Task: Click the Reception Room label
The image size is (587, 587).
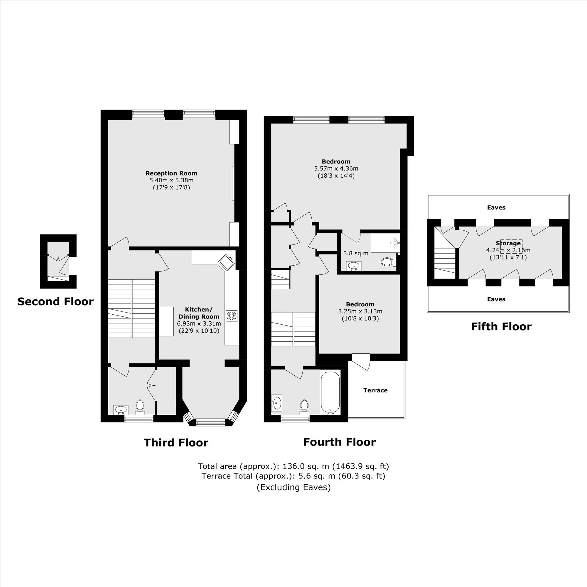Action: (x=171, y=173)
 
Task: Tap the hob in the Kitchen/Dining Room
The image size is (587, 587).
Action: (x=232, y=316)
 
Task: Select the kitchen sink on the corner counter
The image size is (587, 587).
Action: (x=227, y=262)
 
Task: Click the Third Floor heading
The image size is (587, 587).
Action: (x=176, y=442)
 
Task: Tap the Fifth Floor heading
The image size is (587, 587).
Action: (x=501, y=326)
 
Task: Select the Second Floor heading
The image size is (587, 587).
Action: (x=55, y=301)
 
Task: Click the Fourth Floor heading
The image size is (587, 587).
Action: (x=339, y=442)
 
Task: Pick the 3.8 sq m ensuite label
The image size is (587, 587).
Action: (x=356, y=253)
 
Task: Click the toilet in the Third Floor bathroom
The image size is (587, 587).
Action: (x=140, y=407)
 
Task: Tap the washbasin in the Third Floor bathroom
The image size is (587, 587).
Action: (x=121, y=409)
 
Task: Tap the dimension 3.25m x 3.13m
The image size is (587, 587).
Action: (x=360, y=311)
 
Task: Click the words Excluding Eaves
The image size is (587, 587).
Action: (x=293, y=487)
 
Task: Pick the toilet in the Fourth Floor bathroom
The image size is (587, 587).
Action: (x=304, y=407)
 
